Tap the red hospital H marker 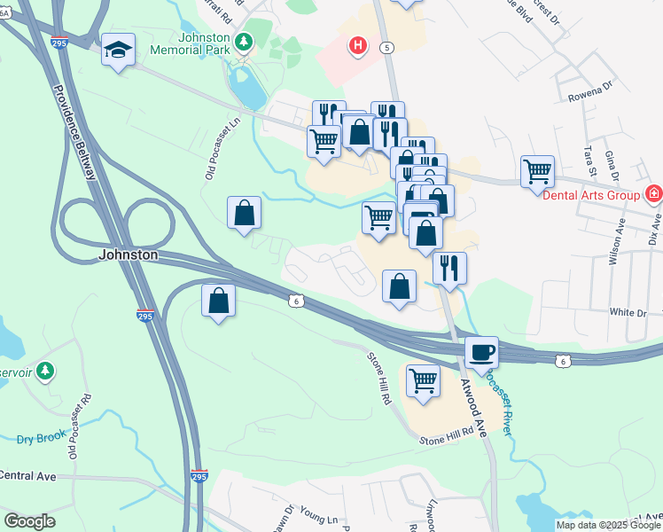click(x=358, y=44)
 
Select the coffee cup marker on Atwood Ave click(x=480, y=352)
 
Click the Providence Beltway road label click(x=75, y=132)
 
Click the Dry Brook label click(x=40, y=440)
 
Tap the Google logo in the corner click(x=29, y=521)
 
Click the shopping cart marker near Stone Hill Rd click(x=424, y=380)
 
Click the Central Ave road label click(x=27, y=476)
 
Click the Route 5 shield click(x=386, y=47)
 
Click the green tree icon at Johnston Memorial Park click(x=242, y=40)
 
